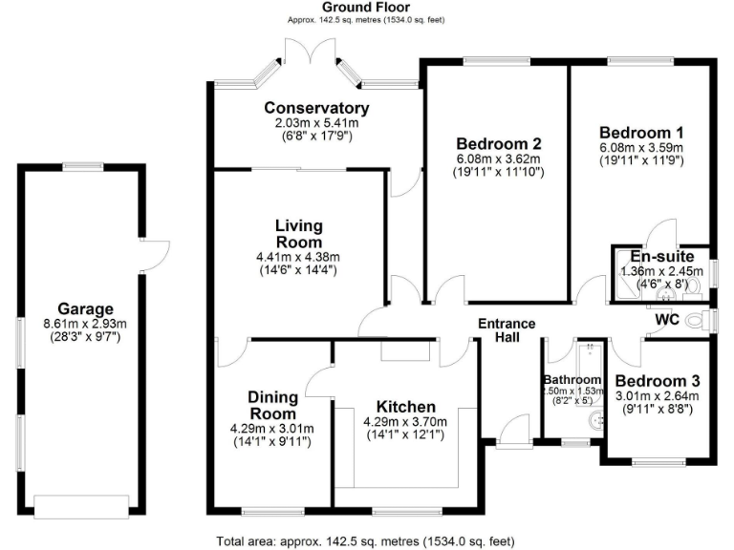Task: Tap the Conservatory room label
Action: pyautogui.click(x=316, y=108)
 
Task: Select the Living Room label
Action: pyautogui.click(x=298, y=234)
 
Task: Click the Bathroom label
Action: pyautogui.click(x=572, y=379)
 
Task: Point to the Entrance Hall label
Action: pyautogui.click(x=507, y=331)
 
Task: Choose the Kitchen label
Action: pyautogui.click(x=405, y=407)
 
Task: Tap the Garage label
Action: pyautogui.click(x=84, y=308)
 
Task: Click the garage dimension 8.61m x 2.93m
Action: pyautogui.click(x=84, y=324)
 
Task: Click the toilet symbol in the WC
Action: pyautogui.click(x=705, y=318)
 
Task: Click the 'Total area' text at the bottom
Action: pyautogui.click(x=367, y=540)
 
